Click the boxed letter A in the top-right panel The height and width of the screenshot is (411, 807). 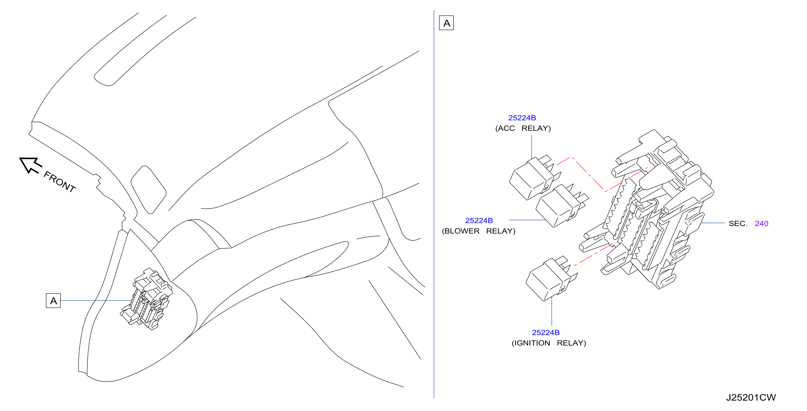pos(446,23)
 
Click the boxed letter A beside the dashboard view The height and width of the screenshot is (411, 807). pos(53,300)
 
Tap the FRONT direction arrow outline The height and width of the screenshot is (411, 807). pos(30,165)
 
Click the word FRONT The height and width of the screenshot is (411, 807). pos(60,182)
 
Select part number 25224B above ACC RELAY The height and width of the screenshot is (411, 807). pos(522,118)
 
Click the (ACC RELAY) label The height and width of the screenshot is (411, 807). pos(523,128)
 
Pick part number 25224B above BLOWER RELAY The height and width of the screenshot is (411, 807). pos(479,220)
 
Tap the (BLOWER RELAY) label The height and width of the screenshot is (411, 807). pos(478,231)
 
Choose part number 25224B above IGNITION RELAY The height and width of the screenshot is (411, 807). pos(546,332)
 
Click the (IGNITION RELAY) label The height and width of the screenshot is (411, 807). pos(549,343)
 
